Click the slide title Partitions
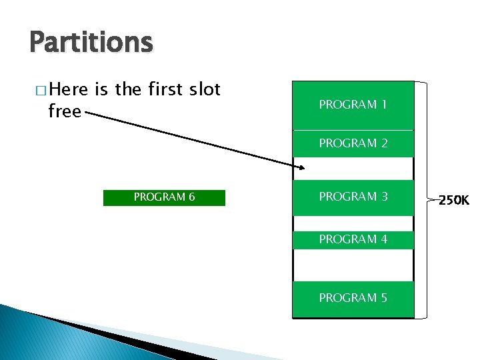[91, 43]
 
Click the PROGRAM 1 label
[353, 105]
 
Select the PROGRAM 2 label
[353, 143]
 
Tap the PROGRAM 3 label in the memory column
[353, 197]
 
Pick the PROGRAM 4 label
[353, 239]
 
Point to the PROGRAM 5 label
[353, 298]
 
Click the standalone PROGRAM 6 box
[164, 197]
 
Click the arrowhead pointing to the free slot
[301, 167]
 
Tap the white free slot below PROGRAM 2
[353, 167]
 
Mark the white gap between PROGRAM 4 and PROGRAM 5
[353, 264]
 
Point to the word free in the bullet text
[65, 111]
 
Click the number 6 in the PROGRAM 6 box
[191, 197]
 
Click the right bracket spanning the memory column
[422, 199]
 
